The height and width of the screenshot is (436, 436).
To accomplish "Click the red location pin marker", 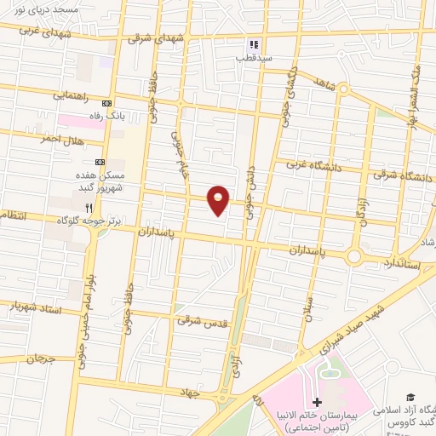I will pos(218,199).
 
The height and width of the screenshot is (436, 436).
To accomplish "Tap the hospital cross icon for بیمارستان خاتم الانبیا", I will pos(317,402).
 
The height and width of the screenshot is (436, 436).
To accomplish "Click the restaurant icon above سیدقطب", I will pos(253,45).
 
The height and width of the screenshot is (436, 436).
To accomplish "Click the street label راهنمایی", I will pos(72,95).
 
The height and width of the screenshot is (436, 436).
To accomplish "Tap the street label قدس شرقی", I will pos(198,321).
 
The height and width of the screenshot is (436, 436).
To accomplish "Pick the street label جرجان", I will pos(39,359).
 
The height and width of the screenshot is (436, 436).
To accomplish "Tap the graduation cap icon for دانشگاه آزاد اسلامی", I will pos(410,398).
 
